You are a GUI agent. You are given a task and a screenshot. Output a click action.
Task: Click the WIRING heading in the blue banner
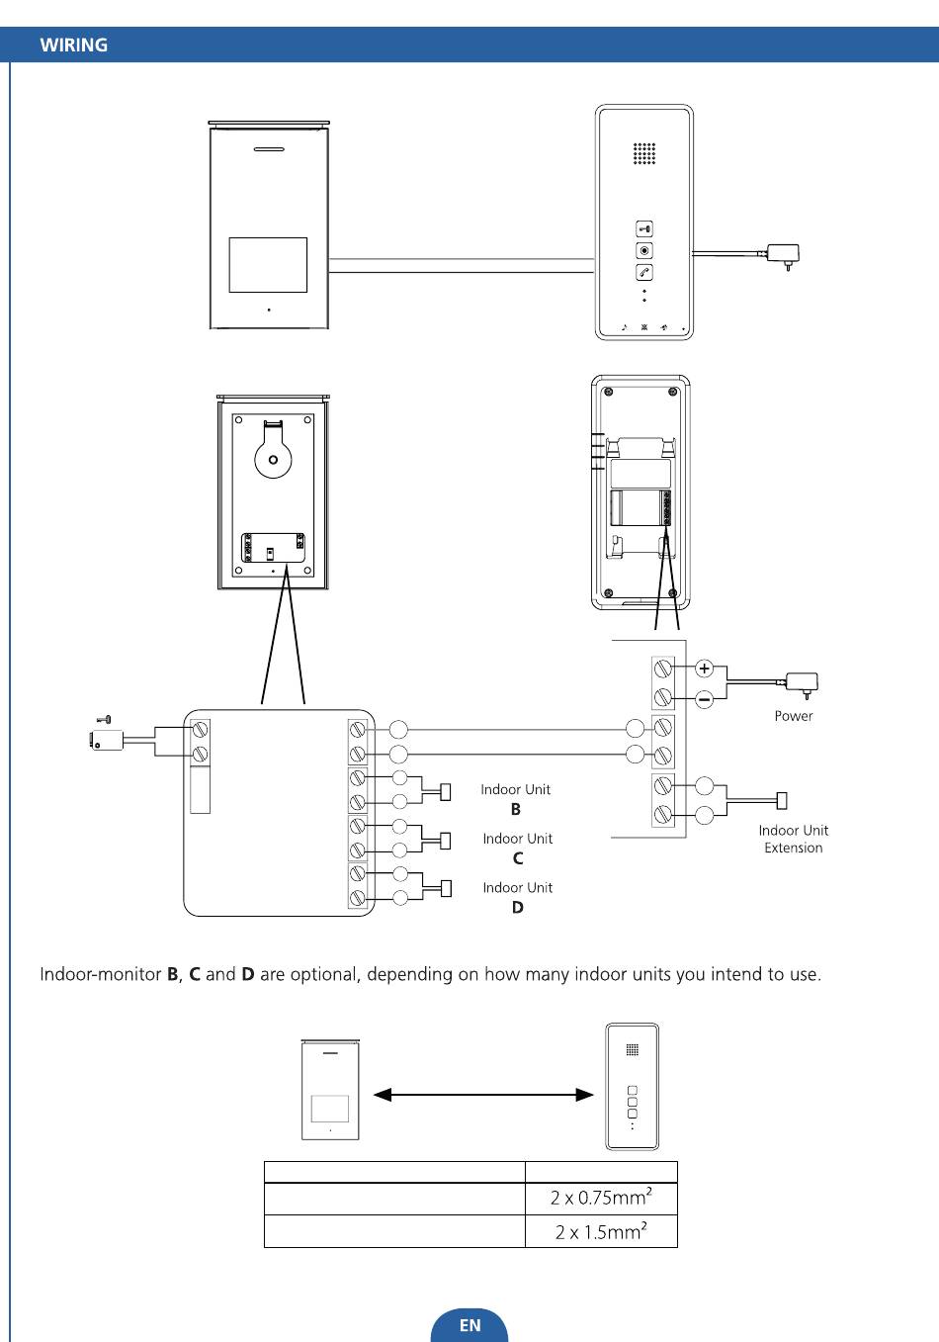(74, 45)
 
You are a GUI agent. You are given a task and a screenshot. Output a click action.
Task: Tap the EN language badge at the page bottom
(469, 1324)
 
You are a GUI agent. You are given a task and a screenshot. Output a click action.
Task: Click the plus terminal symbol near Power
(704, 668)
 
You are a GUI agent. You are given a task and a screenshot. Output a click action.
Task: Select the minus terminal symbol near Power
(704, 699)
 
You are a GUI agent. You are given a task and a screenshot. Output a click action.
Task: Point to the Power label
(794, 716)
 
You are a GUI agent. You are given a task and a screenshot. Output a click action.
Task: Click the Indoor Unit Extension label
(794, 839)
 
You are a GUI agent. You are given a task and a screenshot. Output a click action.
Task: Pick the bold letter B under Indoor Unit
(516, 809)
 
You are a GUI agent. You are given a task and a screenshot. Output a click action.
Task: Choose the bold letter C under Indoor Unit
(518, 858)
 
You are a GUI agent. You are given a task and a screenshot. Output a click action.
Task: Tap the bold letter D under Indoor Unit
(518, 908)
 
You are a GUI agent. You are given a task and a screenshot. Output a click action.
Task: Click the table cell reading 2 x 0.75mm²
(601, 1198)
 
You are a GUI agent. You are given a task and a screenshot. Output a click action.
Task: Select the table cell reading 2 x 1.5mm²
(601, 1231)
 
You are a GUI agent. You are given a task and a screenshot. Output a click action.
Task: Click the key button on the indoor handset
(644, 228)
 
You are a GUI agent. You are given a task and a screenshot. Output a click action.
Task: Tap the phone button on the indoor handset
(644, 272)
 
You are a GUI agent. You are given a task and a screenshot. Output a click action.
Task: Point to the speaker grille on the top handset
(644, 153)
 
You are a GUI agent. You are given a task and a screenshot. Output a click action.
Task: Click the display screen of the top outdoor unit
(268, 265)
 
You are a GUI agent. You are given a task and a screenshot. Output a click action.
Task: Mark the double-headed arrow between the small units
(483, 1095)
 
